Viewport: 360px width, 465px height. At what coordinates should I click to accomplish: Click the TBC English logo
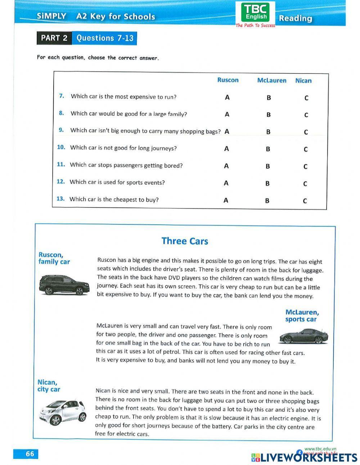pyautogui.click(x=256, y=12)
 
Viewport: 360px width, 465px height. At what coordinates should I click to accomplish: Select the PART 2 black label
pyautogui.click(x=54, y=38)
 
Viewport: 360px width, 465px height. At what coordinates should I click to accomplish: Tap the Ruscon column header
pyautogui.click(x=228, y=80)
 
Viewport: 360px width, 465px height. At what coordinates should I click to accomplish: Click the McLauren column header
pyautogui.click(x=272, y=81)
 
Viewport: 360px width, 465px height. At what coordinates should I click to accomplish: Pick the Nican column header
pyautogui.click(x=303, y=81)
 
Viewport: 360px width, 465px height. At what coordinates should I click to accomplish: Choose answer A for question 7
pyautogui.click(x=227, y=97)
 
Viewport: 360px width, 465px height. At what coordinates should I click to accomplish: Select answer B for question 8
pyautogui.click(x=269, y=115)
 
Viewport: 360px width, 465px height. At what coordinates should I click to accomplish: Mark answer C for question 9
pyautogui.click(x=306, y=132)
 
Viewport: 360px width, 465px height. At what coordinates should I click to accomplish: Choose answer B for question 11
pyautogui.click(x=268, y=166)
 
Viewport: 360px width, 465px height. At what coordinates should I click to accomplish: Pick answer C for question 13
pyautogui.click(x=305, y=201)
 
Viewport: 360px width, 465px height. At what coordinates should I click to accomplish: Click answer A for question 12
pyautogui.click(x=226, y=183)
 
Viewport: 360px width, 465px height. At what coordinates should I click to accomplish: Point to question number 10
pyautogui.click(x=61, y=147)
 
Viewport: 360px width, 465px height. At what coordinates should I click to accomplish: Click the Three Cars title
pyautogui.click(x=185, y=241)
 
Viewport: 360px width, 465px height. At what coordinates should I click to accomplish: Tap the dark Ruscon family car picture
pyautogui.click(x=64, y=285)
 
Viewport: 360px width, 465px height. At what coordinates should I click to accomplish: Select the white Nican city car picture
pyautogui.click(x=63, y=412)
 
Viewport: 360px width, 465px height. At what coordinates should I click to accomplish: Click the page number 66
pyautogui.click(x=30, y=454)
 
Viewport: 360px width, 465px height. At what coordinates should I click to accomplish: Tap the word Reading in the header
pyautogui.click(x=296, y=18)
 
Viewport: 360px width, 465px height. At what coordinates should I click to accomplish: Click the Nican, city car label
pyautogui.click(x=49, y=386)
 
